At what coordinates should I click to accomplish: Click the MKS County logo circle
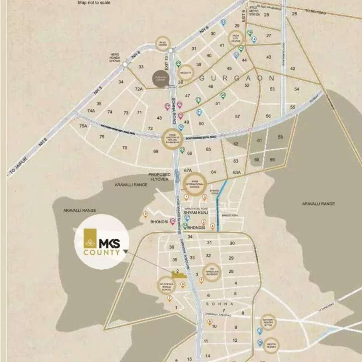pos(101,242)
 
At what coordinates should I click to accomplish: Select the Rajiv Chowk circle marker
pos(162,44)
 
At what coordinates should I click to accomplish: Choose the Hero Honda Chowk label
pos(115,58)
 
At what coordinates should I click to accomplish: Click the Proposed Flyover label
pos(159,177)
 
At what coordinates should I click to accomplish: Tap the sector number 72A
pos(139,89)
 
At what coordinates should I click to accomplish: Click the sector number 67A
pos(188,170)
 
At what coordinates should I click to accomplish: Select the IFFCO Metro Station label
pos(254,10)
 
